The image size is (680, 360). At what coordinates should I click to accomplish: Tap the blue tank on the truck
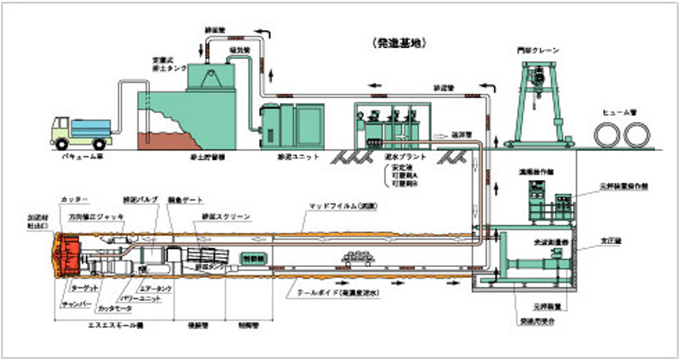[x=92, y=127]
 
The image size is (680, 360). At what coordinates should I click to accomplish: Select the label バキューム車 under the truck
[x=80, y=155]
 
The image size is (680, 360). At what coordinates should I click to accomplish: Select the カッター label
[x=69, y=199]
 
